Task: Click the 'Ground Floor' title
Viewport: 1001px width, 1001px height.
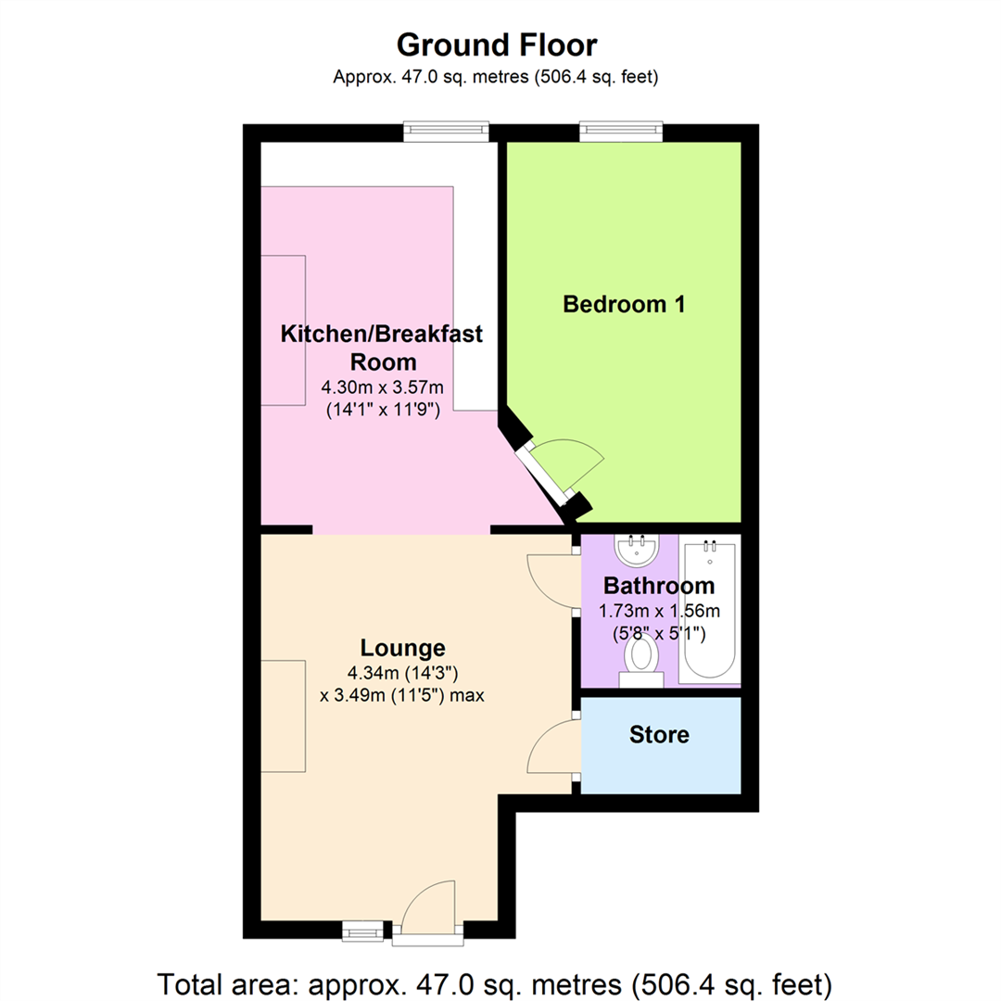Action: point(498,44)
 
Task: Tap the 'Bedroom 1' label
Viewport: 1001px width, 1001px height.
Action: point(624,304)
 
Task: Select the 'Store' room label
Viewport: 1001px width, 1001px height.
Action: point(659,735)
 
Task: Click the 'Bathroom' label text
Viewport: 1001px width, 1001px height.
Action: point(659,586)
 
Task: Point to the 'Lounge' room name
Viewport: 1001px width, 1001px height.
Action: point(402,648)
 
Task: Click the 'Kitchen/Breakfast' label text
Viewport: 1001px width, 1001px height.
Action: point(381,334)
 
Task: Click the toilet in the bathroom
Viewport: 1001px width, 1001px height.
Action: point(640,660)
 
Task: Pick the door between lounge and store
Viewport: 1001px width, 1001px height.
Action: point(551,749)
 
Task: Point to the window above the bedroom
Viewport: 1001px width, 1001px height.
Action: point(621,133)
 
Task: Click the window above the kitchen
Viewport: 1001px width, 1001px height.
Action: point(446,133)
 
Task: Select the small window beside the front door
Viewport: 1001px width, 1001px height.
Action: point(362,930)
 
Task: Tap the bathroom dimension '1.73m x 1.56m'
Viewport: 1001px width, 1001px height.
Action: point(659,611)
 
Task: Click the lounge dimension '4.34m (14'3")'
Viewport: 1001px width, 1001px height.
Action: point(402,672)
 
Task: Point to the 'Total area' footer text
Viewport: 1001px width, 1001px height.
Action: point(498,982)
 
